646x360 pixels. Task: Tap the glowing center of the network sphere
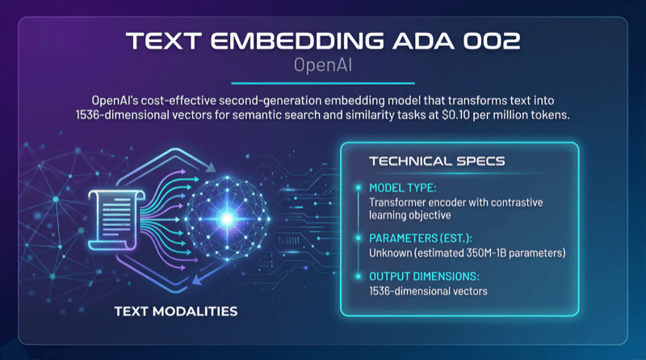[x=228, y=217]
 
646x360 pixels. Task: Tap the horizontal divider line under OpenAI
[x=322, y=82]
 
